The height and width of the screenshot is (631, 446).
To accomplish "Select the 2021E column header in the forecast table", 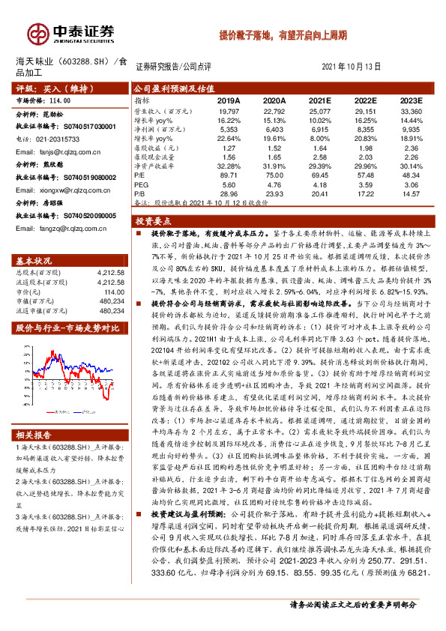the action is pyautogui.click(x=320, y=100).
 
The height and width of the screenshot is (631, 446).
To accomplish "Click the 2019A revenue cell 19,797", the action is pyautogui.click(x=228, y=110).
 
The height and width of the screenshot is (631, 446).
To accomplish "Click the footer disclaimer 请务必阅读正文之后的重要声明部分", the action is pyautogui.click(x=363, y=604).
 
